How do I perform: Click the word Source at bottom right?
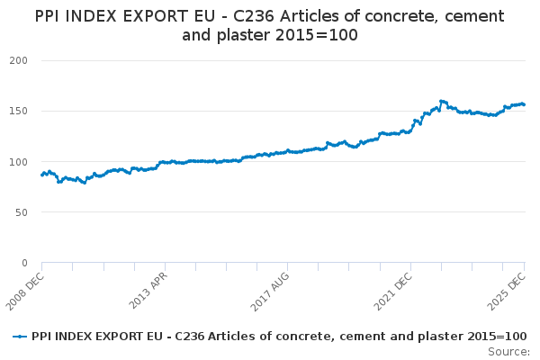(x=507, y=351)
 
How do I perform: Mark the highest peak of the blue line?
(x=441, y=101)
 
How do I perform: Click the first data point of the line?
(x=41, y=175)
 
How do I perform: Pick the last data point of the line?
(x=525, y=104)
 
